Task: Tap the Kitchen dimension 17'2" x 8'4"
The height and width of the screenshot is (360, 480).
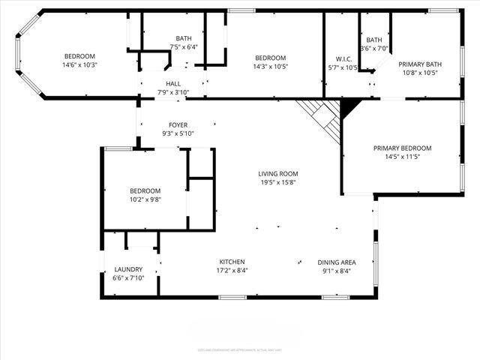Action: [232, 271]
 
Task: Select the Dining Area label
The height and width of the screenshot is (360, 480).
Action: [336, 262]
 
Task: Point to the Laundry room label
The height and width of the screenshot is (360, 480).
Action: [128, 269]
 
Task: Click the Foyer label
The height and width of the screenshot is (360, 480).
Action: [178, 124]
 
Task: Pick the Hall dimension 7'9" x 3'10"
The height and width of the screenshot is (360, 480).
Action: [173, 92]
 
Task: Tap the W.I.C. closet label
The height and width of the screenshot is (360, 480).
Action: [343, 58]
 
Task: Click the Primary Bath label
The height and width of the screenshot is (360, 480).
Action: [418, 64]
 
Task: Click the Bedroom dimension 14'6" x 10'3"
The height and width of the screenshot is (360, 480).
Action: [80, 65]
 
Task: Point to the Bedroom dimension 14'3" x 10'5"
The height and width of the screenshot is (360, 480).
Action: [270, 67]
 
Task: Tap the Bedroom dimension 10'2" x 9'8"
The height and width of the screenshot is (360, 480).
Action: [144, 199]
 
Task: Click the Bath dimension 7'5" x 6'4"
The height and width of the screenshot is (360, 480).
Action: [184, 47]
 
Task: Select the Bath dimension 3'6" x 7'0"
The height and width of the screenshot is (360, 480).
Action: [373, 49]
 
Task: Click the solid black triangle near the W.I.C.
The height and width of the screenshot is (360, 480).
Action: [349, 108]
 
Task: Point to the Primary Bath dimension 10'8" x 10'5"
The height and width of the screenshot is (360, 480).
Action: [418, 73]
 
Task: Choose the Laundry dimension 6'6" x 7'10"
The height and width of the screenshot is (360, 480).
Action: [128, 278]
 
